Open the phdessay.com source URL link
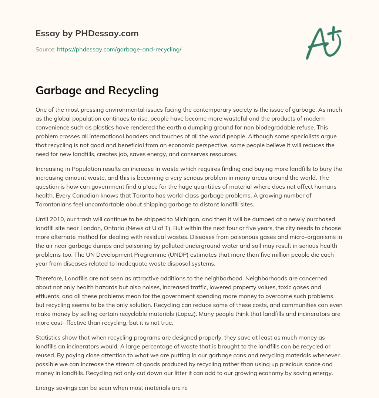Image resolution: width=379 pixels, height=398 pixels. pos(119,49)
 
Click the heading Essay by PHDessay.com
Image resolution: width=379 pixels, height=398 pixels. pos(87,34)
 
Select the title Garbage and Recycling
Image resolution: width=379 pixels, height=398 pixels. pos(97,90)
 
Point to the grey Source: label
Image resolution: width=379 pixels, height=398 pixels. pos(45,49)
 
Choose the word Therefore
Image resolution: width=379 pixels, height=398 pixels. pos(49,279)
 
